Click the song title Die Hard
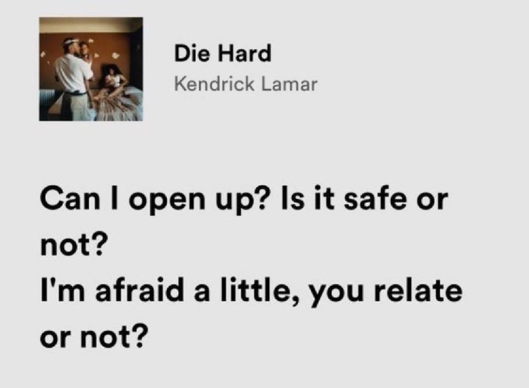pyautogui.click(x=222, y=54)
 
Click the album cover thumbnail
pyautogui.click(x=90, y=69)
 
